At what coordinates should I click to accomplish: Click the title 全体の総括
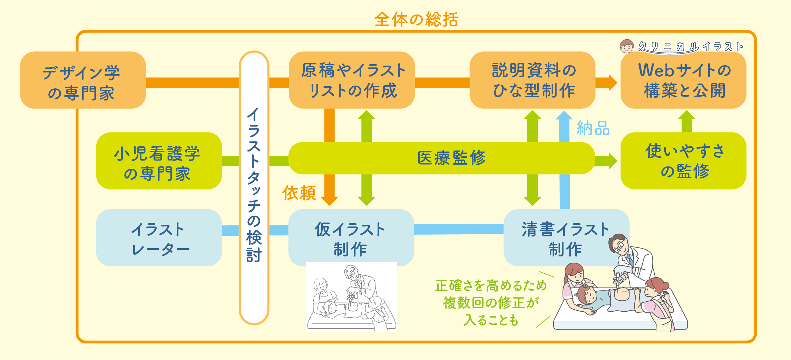[x=416, y=19]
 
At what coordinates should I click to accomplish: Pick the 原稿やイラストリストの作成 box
[x=352, y=80]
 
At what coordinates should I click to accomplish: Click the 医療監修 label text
[x=451, y=158]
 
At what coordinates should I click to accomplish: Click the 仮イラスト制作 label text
[x=350, y=239]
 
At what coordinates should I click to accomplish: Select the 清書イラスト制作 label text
[x=565, y=239]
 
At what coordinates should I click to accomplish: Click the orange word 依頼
[x=299, y=193]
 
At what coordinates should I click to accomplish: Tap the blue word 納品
[x=593, y=128]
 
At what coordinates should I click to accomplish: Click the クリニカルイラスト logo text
[x=690, y=47]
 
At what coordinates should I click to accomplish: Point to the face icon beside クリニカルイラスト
[x=627, y=46]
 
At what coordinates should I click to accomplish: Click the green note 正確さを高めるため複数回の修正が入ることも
[x=491, y=303]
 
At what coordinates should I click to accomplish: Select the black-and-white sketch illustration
[x=351, y=297]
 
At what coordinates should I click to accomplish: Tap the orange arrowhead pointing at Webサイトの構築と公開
[x=612, y=82]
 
